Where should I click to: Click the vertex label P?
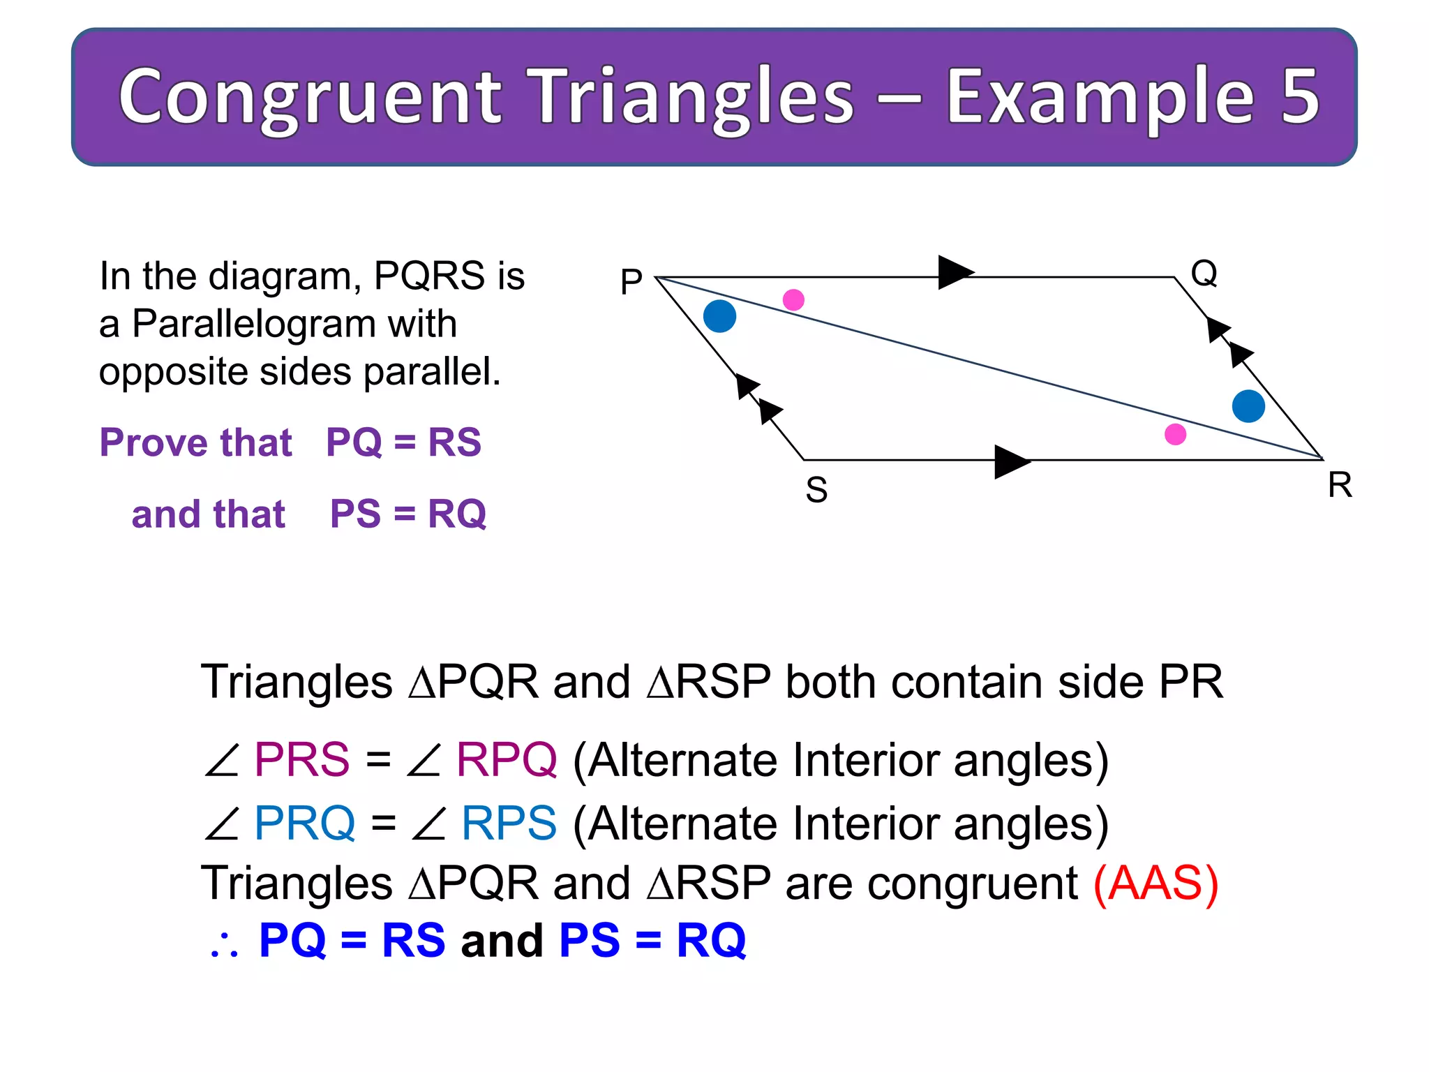pos(631,283)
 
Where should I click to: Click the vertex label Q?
pos(1204,273)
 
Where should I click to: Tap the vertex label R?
pos(1339,485)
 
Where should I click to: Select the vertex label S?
pos(816,490)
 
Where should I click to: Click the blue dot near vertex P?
pos(719,316)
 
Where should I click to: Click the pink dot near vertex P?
pos(793,300)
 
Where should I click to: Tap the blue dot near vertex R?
pos(1248,406)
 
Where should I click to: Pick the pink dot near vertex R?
pos(1175,434)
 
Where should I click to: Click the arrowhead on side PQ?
pos(954,272)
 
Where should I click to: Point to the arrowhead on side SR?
pos(1010,461)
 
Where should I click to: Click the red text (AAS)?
pos(1155,884)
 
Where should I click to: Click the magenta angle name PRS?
pos(301,759)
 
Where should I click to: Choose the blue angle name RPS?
pos(509,823)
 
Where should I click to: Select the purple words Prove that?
pos(196,442)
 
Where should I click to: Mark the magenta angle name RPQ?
pos(507,759)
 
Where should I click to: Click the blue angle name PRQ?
pos(304,823)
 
